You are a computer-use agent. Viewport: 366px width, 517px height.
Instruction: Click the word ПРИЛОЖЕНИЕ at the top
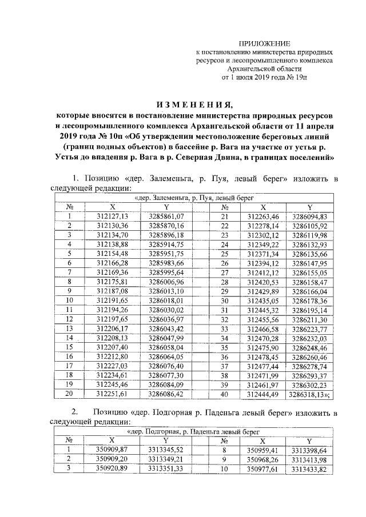coord(264,44)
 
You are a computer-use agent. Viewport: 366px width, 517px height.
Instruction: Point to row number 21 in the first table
coord(225,216)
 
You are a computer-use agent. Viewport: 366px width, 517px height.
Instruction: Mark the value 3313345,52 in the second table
coord(165,450)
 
